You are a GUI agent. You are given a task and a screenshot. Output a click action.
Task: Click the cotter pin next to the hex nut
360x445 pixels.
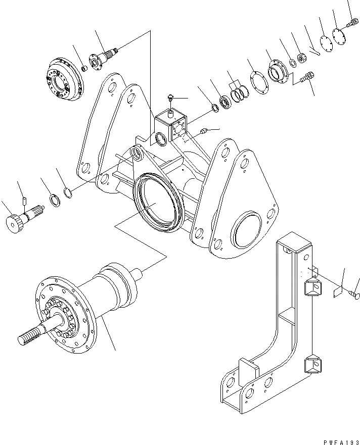click(314, 51)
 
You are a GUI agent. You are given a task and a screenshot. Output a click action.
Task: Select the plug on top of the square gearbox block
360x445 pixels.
click(170, 98)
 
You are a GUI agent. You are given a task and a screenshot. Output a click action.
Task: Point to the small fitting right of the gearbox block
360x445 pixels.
click(204, 132)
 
